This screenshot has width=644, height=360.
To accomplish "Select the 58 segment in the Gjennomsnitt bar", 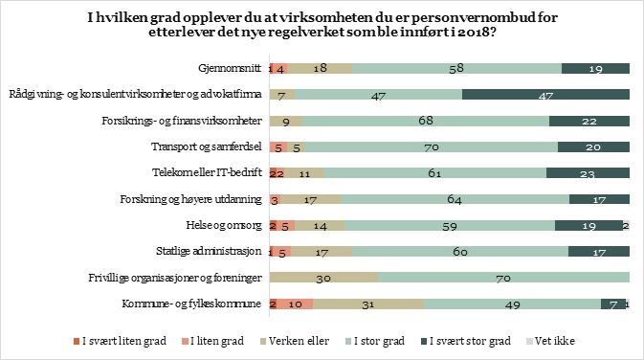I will point(456,68).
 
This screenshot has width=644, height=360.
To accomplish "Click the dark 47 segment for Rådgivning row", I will point(545,94).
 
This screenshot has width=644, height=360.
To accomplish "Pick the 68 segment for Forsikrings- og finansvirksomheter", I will point(426,121).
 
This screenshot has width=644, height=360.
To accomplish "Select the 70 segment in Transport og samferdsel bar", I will point(433,146).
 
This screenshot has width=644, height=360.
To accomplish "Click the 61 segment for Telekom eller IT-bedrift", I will point(435,173).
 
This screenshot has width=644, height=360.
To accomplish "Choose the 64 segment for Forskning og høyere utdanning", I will point(455,199).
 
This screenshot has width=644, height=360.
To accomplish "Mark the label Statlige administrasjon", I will point(216,251).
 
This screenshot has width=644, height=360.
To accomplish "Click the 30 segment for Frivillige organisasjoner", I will point(323,278).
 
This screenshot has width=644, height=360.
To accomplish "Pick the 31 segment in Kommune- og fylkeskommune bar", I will point(368,304).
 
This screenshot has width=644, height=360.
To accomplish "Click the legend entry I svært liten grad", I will point(119,341).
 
